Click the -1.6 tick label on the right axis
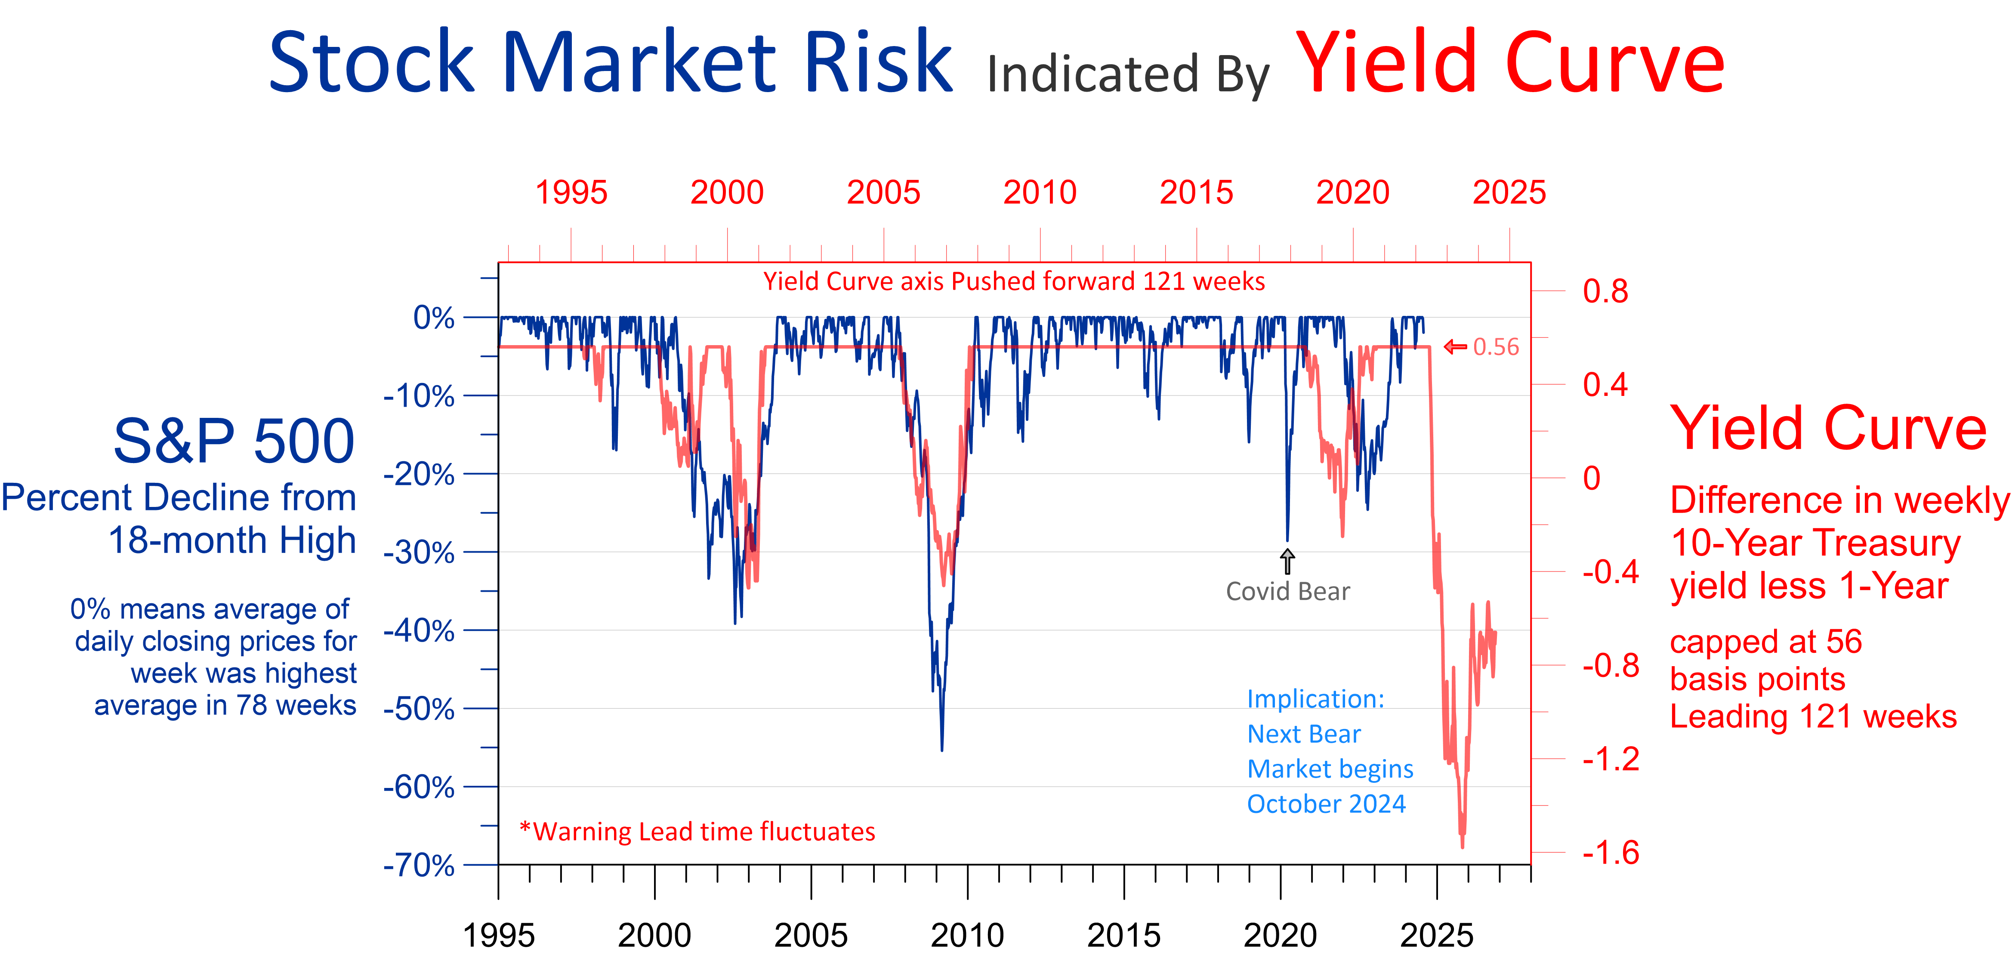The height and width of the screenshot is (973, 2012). click(x=1611, y=853)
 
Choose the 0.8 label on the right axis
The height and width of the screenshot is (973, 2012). click(x=1605, y=291)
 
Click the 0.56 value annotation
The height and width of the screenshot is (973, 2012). click(x=1496, y=347)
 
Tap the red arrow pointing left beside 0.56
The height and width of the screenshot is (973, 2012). click(x=1454, y=347)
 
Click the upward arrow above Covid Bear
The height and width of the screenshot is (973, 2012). click(x=1287, y=561)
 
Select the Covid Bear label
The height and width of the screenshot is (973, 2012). click(x=1287, y=592)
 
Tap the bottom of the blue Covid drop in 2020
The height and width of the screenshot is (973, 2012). click(x=1287, y=539)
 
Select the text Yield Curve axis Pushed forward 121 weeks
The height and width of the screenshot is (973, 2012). click(x=1014, y=281)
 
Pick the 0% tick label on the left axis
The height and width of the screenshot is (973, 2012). click(x=433, y=318)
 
